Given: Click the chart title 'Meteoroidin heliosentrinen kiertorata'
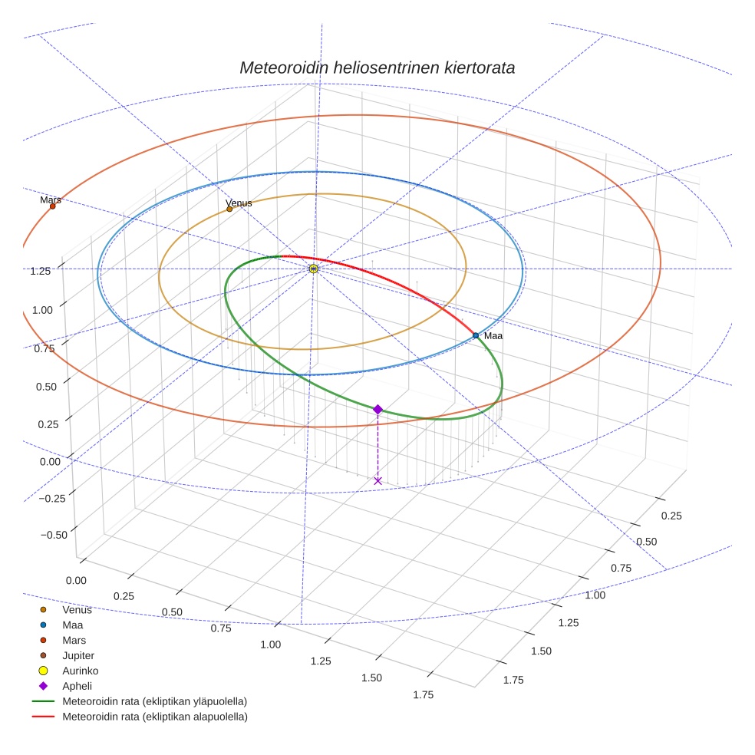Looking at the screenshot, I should coord(377,68).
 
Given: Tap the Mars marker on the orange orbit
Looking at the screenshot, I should coord(52,206).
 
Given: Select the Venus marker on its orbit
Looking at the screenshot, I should coord(229,209).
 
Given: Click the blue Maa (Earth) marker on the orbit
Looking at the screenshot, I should coord(476,335).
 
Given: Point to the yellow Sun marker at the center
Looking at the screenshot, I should coord(313,269).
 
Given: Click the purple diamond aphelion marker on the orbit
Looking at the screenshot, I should coord(377,410).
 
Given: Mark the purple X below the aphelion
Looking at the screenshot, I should coord(377,480).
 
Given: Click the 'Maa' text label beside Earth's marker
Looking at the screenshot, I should coord(493,336).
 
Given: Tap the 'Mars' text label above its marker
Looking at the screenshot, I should coord(51,199).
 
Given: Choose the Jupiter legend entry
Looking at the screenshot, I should coord(77,656).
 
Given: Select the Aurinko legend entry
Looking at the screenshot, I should coord(80,671).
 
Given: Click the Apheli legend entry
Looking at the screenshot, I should coord(77,686).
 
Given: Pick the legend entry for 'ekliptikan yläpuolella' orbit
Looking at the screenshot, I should coord(154,701).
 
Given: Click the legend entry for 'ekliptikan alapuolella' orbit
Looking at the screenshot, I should coord(154,717).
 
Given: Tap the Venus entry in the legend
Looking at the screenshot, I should coord(77,610).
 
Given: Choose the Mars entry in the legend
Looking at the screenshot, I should coord(74,640).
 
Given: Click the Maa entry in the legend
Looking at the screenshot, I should coord(72,625).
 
